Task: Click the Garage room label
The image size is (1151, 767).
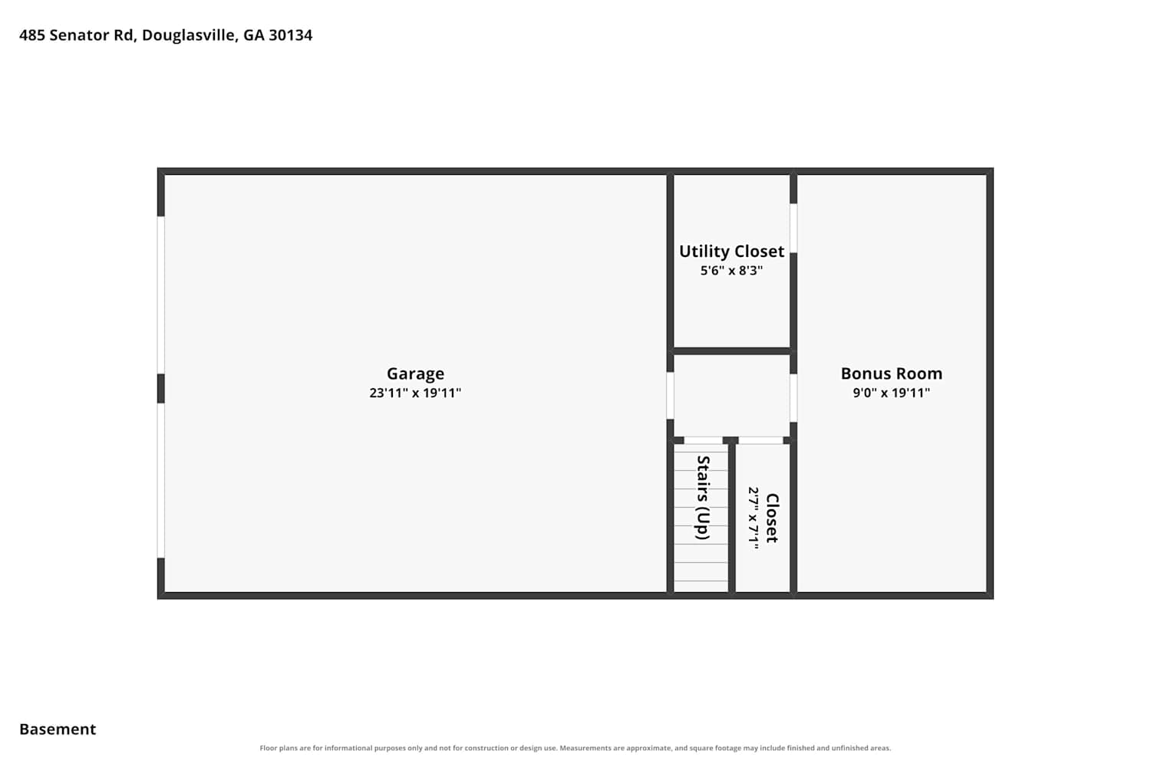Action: tap(415, 374)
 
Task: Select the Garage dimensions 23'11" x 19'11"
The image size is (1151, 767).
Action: tap(415, 393)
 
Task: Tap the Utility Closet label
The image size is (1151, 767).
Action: tap(731, 252)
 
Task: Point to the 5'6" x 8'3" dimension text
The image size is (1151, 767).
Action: tap(731, 270)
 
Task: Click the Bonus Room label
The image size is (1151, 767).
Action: tap(892, 374)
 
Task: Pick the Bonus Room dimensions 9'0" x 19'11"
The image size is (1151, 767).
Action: tap(892, 393)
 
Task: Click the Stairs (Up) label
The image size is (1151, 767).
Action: tap(703, 497)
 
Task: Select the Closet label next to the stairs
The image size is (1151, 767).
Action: tap(772, 518)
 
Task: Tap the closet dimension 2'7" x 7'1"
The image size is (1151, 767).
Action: tap(754, 518)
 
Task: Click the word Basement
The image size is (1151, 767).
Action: tap(58, 729)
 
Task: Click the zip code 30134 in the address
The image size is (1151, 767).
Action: tap(290, 35)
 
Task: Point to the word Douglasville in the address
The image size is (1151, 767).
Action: tap(190, 35)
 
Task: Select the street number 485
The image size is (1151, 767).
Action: tap(32, 35)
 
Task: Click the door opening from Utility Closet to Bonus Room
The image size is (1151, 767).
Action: tap(793, 228)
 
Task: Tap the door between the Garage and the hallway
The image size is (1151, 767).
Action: tap(670, 396)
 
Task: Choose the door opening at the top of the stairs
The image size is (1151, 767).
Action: tap(703, 440)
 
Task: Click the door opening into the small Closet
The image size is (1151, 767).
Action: tap(760, 440)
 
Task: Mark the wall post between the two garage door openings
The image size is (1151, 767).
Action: tap(161, 388)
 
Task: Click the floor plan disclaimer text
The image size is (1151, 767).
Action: tap(575, 748)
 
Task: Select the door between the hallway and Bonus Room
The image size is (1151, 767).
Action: tap(793, 398)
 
